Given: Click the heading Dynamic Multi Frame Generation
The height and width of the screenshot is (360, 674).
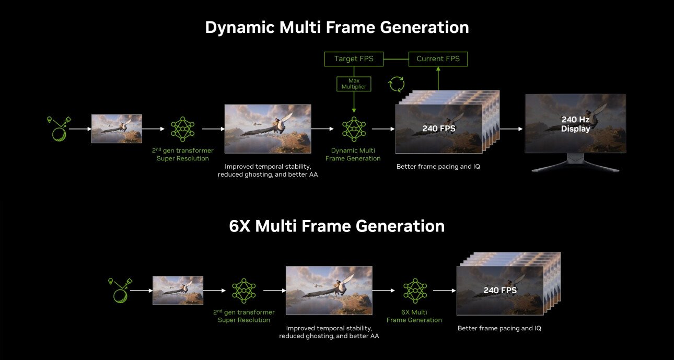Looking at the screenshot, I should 336,27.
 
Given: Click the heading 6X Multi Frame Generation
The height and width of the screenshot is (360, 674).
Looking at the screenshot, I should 336,226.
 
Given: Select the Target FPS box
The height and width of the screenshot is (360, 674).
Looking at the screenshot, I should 354,59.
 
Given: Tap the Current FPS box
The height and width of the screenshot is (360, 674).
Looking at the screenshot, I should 438,59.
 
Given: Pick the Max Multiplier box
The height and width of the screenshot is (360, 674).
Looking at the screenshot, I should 354,84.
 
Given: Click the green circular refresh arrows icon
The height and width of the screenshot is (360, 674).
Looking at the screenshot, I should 397,84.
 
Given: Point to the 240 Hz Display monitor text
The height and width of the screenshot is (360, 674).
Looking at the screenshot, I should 575,124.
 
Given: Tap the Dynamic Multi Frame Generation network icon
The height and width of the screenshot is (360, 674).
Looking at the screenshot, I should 354,129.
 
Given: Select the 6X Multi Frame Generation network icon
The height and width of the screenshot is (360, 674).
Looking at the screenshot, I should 415,291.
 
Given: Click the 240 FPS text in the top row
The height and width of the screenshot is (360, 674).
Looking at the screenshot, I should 438,128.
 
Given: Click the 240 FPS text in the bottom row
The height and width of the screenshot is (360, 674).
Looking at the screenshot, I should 499,290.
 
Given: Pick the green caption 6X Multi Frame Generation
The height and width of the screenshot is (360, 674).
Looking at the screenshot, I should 414,316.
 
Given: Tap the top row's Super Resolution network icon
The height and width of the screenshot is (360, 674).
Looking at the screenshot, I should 183,129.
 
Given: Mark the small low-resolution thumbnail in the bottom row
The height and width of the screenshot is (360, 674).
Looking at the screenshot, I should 178,291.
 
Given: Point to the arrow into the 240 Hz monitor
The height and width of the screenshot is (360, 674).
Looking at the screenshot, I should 512,129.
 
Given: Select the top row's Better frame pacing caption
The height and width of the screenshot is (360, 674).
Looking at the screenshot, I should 438,167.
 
